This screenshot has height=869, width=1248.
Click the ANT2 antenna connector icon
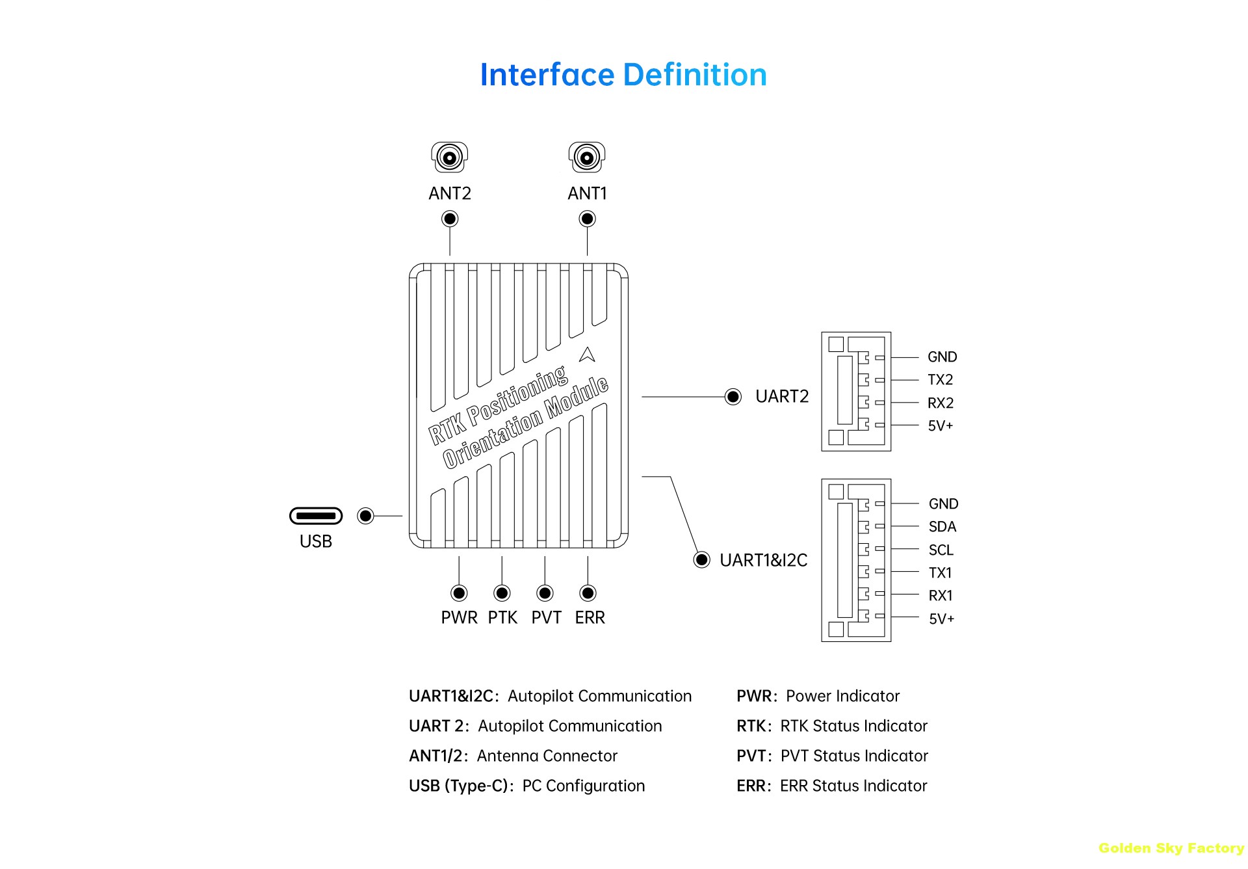pos(450,157)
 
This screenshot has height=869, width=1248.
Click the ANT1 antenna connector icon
pos(587,157)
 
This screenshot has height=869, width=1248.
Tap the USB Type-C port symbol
pos(316,516)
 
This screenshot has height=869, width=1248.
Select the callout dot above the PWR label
pos(459,593)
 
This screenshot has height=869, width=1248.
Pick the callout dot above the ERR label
pos(588,593)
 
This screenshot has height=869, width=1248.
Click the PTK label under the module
pos(502,617)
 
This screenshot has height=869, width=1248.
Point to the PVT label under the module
pos(546,617)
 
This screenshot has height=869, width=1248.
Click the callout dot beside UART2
pos(733,397)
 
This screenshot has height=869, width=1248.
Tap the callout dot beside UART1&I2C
pos(702,559)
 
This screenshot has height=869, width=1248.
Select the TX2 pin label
pos(940,380)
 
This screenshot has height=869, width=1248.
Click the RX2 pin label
pos(941,403)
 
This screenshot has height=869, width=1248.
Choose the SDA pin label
pos(942,527)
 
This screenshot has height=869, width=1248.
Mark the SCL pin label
pos(941,550)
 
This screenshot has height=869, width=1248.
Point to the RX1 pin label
pos(941,596)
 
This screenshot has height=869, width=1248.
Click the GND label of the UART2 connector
pos(942,357)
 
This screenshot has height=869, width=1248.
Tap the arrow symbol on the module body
pos(587,354)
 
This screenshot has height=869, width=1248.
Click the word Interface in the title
pos(547,75)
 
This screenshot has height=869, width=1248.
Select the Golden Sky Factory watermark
pos(1171,848)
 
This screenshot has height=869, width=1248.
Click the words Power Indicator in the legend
pos(842,696)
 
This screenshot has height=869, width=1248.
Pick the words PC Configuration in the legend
pos(583,786)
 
